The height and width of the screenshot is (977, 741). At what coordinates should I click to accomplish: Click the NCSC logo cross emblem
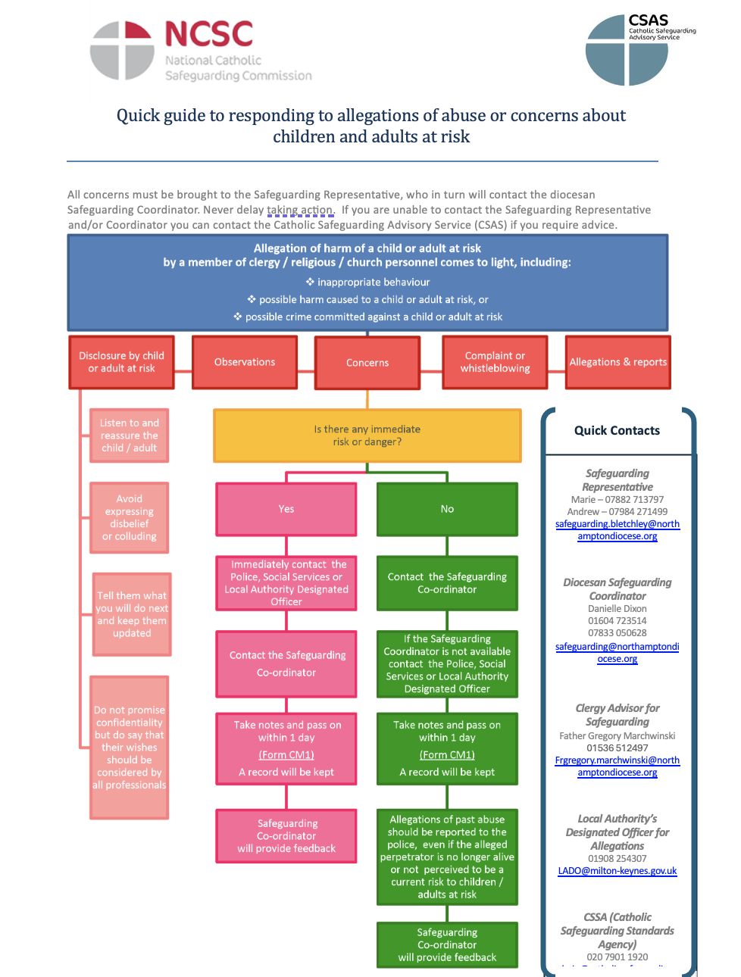122,51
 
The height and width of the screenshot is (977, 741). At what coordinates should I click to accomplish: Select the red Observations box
244,362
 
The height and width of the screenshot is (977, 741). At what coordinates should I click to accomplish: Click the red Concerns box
367,363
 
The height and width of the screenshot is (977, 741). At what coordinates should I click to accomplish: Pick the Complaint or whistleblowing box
495,362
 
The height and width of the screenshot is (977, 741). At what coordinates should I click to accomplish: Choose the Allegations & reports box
617,362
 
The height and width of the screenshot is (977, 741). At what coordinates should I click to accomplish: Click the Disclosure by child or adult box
121,362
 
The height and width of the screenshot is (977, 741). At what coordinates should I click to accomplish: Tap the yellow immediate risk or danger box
367,435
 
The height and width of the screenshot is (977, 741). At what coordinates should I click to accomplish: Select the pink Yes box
286,509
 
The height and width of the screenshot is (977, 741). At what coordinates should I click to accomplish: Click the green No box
447,509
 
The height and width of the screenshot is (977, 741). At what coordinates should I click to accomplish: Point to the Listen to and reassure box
130,435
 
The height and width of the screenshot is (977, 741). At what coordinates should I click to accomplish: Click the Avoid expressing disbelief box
130,518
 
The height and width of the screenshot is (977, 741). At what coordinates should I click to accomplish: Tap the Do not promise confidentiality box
130,748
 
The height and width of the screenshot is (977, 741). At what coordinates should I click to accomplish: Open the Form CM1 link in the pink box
286,755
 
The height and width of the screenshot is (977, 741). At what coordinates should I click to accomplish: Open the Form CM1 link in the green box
447,755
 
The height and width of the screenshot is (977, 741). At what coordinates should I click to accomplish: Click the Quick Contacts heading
617,431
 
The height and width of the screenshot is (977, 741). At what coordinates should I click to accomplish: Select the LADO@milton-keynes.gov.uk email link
617,871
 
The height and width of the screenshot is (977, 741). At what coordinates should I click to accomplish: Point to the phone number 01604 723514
617,621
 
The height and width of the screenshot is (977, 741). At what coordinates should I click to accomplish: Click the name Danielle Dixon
617,609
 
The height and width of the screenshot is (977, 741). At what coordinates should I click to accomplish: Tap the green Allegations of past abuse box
447,857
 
